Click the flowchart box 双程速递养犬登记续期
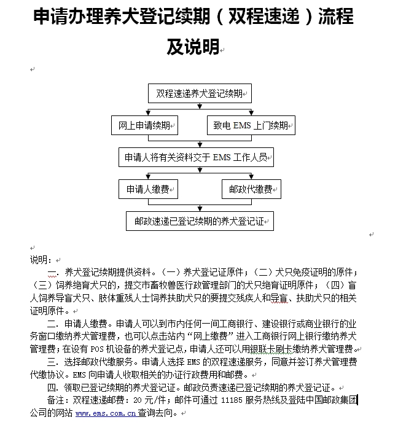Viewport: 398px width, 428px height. point(200,94)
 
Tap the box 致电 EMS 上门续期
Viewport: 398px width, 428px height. point(250,126)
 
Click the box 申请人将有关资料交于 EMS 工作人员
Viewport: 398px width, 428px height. point(196,157)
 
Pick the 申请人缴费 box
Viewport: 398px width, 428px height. point(147,189)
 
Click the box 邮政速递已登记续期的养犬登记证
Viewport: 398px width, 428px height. point(200,221)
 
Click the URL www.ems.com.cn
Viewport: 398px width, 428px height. point(105,414)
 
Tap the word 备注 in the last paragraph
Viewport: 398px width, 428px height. point(57,401)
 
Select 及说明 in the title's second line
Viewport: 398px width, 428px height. point(193,47)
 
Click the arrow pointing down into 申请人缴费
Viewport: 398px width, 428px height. point(147,176)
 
